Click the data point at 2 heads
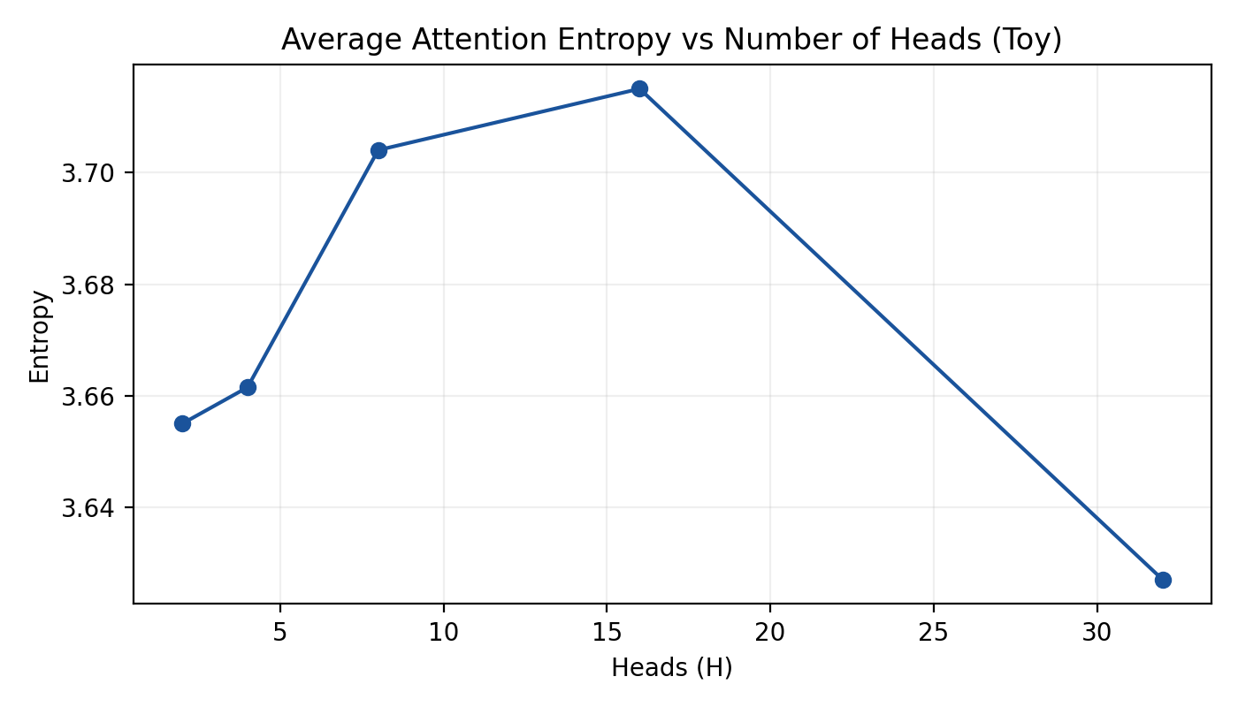(x=182, y=423)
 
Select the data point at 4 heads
(x=248, y=387)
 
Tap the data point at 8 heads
(x=378, y=150)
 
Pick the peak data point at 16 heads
(x=639, y=88)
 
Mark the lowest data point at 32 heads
(x=1163, y=580)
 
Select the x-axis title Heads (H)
(x=672, y=669)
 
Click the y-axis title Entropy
(x=40, y=336)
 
